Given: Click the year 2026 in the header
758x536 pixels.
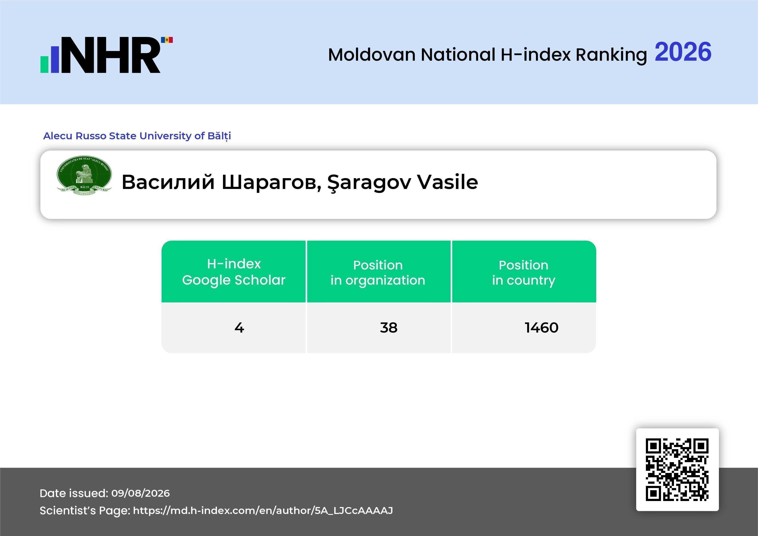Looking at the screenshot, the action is [x=683, y=52].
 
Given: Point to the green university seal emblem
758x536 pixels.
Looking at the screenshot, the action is [x=84, y=175].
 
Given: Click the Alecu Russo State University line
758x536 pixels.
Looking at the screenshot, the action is [x=137, y=136].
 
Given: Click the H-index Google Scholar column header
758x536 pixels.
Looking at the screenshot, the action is [x=234, y=272].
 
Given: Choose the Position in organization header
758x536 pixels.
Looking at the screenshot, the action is [x=378, y=273].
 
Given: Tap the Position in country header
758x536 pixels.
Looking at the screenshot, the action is [x=524, y=273].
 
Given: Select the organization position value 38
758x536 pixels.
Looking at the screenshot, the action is [x=389, y=327].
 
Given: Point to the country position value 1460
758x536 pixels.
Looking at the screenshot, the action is [x=541, y=327].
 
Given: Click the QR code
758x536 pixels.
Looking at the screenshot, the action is [x=677, y=469].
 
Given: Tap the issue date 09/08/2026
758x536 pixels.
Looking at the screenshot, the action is [x=140, y=493].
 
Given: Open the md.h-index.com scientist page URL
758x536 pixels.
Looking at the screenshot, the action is [x=263, y=511].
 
